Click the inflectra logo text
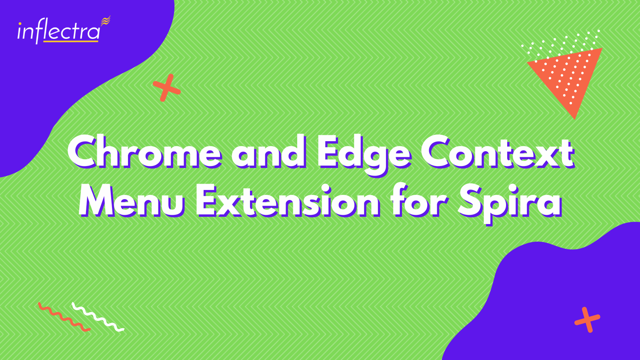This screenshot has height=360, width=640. [x=59, y=32]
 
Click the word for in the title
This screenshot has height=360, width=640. [x=420, y=200]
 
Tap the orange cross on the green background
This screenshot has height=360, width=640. [x=166, y=88]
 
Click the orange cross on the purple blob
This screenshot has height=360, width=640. [x=587, y=320]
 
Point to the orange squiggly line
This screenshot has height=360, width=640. [x=64, y=317]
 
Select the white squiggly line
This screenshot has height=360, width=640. [x=98, y=317]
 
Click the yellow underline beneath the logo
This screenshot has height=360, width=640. [x=71, y=42]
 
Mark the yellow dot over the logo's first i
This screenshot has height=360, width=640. [x=20, y=24]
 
